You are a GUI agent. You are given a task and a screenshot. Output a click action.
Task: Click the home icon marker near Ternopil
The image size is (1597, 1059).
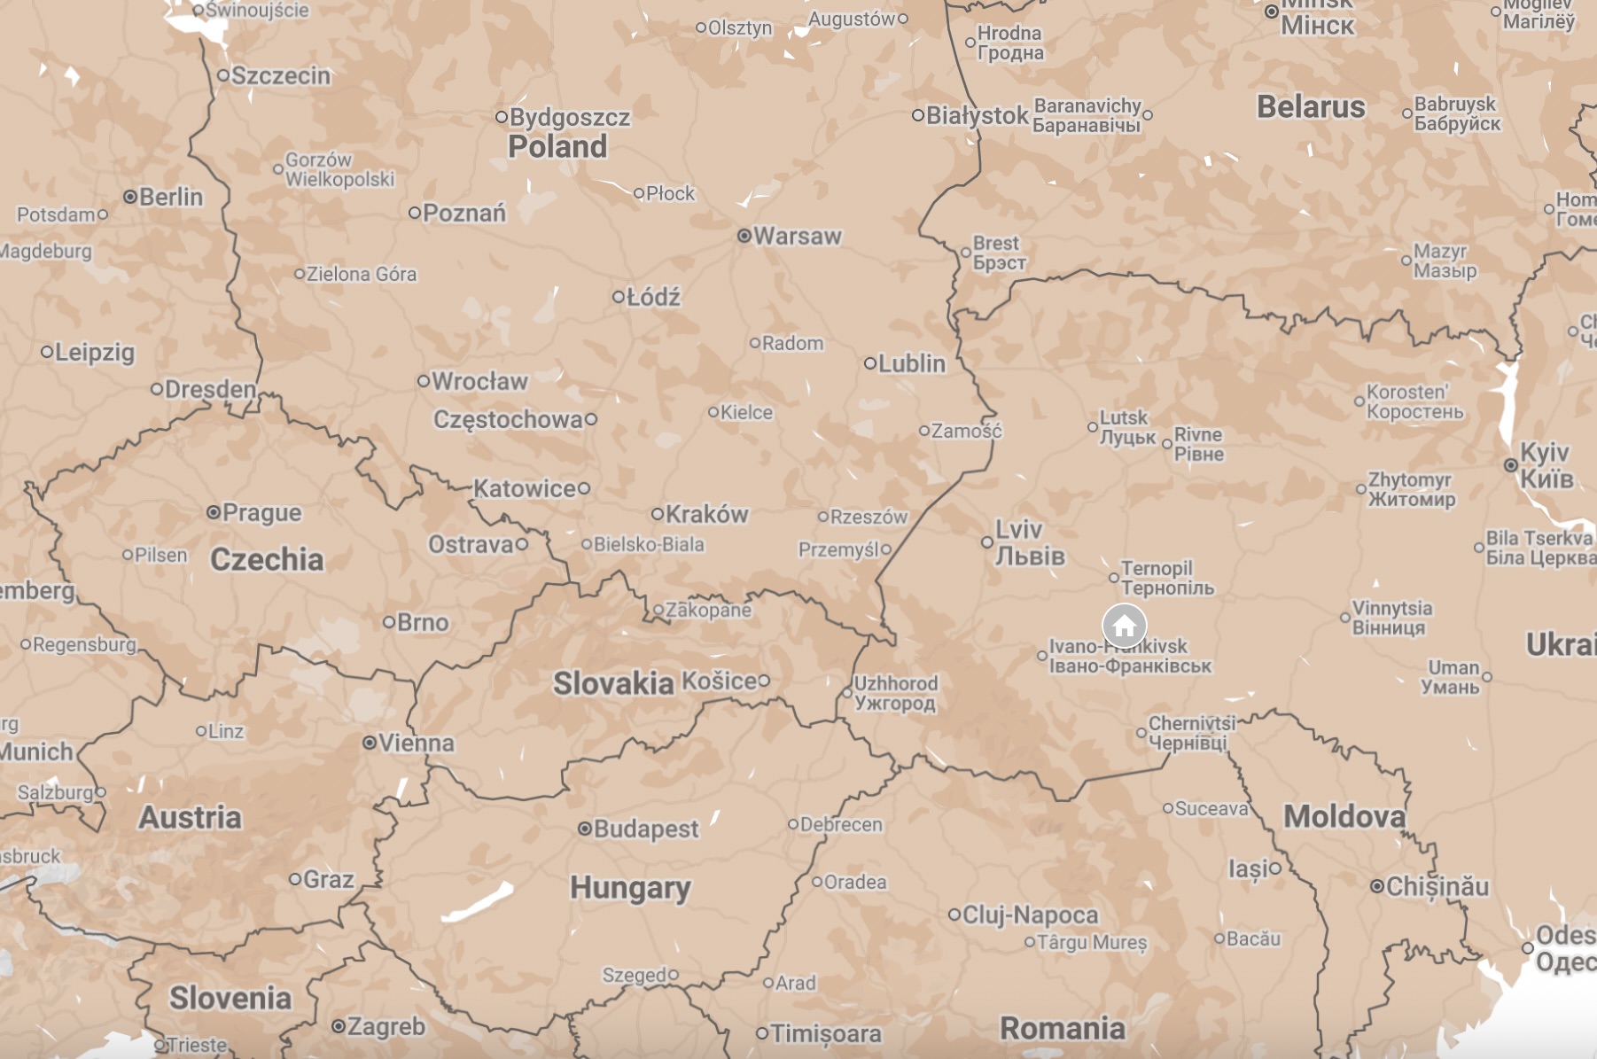click(1124, 626)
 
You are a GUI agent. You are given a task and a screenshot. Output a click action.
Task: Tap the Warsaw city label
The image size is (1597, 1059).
click(797, 237)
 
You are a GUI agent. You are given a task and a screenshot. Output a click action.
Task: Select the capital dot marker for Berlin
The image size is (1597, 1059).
click(130, 197)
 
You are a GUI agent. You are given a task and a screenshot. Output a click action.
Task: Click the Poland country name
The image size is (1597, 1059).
click(557, 147)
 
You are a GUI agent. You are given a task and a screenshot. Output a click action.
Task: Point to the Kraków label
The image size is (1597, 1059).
click(706, 514)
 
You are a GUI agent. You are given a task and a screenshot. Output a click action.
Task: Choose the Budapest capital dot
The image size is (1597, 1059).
click(584, 829)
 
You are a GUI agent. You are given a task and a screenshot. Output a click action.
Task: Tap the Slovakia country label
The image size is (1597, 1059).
click(613, 683)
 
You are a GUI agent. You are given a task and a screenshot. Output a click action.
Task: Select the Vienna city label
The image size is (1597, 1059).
click(416, 743)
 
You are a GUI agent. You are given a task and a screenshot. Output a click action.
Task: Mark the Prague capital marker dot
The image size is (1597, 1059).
click(214, 512)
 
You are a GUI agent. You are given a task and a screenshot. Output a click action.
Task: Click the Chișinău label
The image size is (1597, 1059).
click(1437, 886)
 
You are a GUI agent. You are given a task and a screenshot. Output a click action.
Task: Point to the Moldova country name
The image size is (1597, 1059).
click(1344, 816)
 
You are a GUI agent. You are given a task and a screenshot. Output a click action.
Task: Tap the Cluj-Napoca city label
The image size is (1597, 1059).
click(1030, 915)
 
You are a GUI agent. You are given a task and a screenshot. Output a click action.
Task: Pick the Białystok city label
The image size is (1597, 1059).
click(977, 115)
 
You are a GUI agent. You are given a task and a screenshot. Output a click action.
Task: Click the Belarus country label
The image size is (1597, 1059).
click(1311, 107)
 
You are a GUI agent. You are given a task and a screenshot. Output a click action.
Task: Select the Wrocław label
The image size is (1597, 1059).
click(479, 381)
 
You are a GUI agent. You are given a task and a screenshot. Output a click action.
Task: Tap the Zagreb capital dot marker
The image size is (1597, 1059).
click(338, 1026)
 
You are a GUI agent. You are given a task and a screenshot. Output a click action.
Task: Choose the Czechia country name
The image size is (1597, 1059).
click(267, 559)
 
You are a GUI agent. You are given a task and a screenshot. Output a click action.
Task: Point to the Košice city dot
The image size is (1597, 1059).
click(763, 681)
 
